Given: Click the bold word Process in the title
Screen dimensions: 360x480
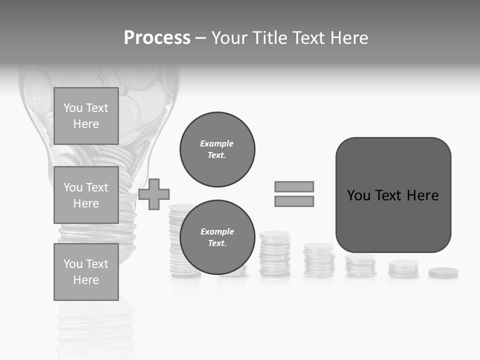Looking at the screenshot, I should [x=157, y=38].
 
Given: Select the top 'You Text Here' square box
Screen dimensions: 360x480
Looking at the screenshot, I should [x=86, y=116].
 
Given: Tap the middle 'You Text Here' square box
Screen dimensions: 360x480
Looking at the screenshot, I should [x=86, y=195].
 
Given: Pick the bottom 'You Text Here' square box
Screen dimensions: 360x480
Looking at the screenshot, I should [x=86, y=271].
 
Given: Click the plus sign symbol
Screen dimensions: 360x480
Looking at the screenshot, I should [x=154, y=194].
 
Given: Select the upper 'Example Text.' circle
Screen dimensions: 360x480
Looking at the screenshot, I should [x=217, y=149].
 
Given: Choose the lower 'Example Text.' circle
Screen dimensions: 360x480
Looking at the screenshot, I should [x=217, y=237].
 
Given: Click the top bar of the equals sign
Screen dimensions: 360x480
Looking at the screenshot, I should [x=294, y=186].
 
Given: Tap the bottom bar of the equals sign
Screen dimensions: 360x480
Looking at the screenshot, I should [x=294, y=201].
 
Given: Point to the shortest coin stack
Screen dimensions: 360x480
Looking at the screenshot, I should [x=443, y=273].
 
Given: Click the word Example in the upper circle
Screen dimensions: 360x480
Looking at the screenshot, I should [x=216, y=143].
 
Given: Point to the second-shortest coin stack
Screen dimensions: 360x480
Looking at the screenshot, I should [x=403, y=269].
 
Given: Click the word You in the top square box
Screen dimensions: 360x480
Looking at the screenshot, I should [x=72, y=108].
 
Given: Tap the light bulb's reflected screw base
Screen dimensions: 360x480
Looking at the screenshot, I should [x=95, y=325].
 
